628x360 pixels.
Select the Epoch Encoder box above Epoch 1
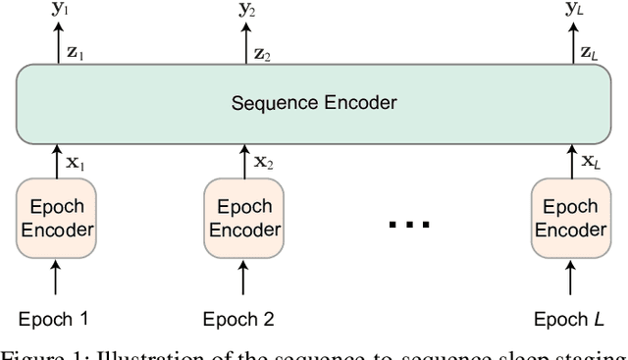click(56, 219)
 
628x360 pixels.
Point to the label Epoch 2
click(238, 319)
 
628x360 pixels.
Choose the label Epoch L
click(566, 319)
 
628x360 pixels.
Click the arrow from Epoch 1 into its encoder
click(56, 281)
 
